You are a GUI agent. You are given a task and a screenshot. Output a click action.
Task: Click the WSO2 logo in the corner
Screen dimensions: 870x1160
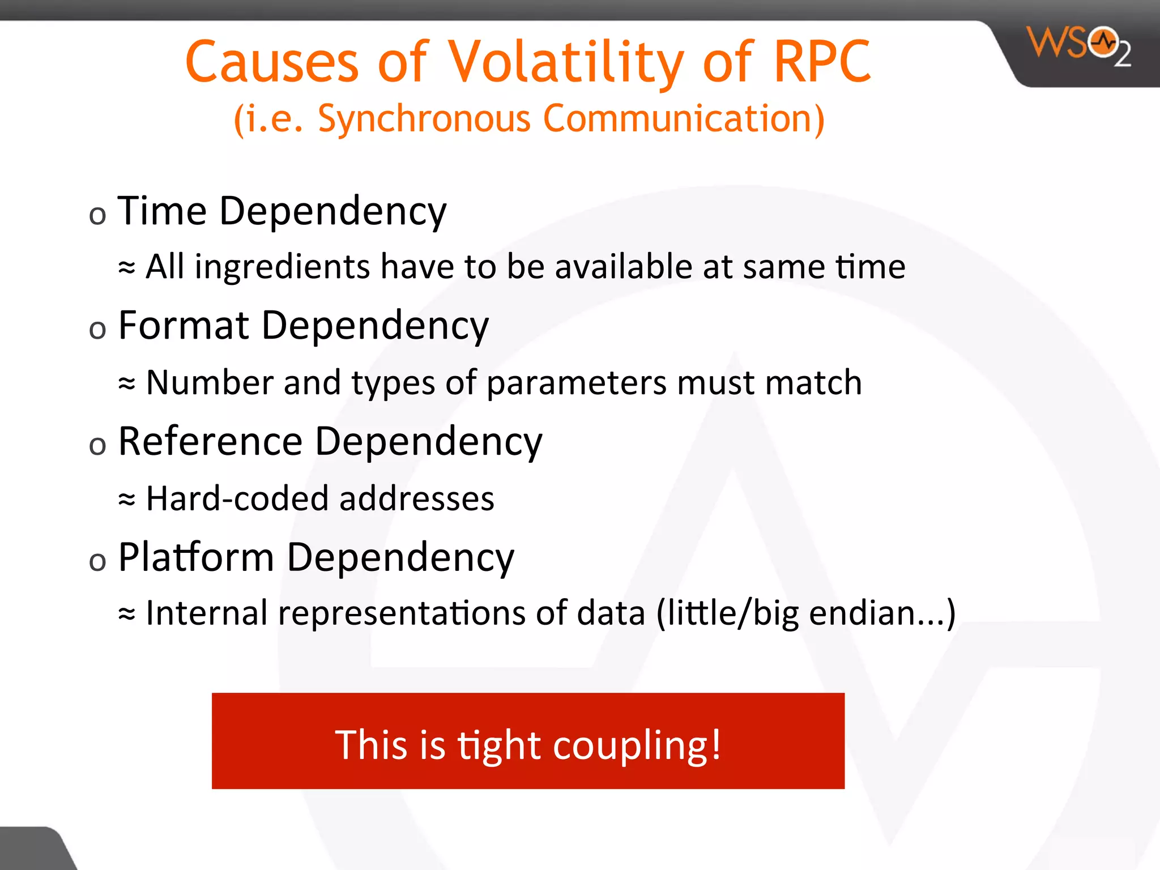(x=1079, y=45)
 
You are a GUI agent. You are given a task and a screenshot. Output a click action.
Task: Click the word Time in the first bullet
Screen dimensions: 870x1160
(x=162, y=211)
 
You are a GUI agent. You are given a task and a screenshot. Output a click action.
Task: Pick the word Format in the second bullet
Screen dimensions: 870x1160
(x=184, y=326)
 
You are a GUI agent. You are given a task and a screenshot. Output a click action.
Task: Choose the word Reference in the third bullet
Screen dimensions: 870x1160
(x=210, y=441)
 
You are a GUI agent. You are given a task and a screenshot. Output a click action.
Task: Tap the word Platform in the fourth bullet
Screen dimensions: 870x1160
(x=196, y=557)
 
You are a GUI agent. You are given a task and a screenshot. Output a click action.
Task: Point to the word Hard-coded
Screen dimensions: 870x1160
(x=237, y=498)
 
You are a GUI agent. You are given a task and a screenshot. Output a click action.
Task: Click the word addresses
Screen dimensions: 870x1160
(x=416, y=498)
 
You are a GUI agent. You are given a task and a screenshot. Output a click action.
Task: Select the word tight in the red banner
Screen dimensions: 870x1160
(x=499, y=745)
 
